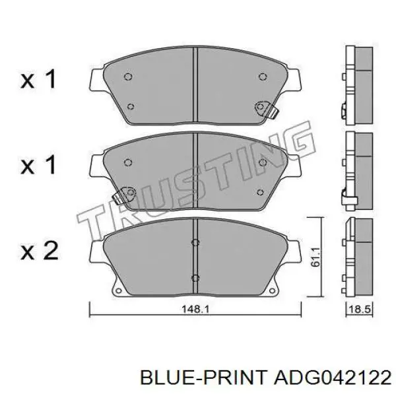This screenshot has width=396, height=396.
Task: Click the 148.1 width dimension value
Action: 195,309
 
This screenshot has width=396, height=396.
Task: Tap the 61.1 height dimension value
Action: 315,257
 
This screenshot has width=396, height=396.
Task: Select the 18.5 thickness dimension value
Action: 359,309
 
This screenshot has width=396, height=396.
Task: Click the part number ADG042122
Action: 333,379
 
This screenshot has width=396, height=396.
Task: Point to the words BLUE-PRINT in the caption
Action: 203,379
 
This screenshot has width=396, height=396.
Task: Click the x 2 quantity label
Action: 40,250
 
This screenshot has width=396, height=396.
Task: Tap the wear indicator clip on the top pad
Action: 267,110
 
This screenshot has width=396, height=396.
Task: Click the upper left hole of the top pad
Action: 128,77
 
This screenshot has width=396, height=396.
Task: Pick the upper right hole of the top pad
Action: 263,77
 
